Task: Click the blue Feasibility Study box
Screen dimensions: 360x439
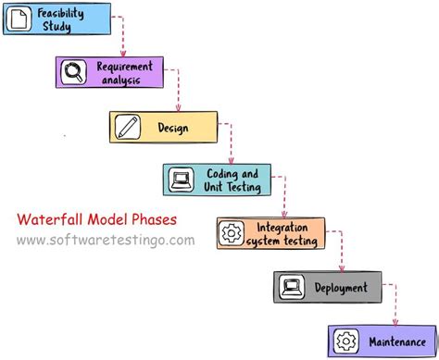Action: tap(57, 19)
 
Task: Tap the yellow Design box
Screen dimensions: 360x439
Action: tap(164, 127)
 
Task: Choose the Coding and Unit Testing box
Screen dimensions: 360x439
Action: tap(219, 180)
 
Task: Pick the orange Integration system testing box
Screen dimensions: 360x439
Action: tap(272, 233)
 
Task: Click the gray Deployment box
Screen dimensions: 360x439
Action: tap(327, 288)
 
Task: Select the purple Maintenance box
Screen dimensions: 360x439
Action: tap(380, 340)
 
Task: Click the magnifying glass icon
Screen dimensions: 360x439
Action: tap(72, 73)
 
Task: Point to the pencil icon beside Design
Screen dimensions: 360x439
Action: tap(128, 127)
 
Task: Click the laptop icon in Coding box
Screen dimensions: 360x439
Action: tap(181, 180)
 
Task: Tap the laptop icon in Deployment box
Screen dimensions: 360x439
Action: tap(291, 288)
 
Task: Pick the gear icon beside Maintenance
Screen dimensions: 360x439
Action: tap(345, 340)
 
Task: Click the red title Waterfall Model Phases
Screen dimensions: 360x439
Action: tap(96, 219)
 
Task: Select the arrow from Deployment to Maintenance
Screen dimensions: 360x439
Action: tap(395, 305)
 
